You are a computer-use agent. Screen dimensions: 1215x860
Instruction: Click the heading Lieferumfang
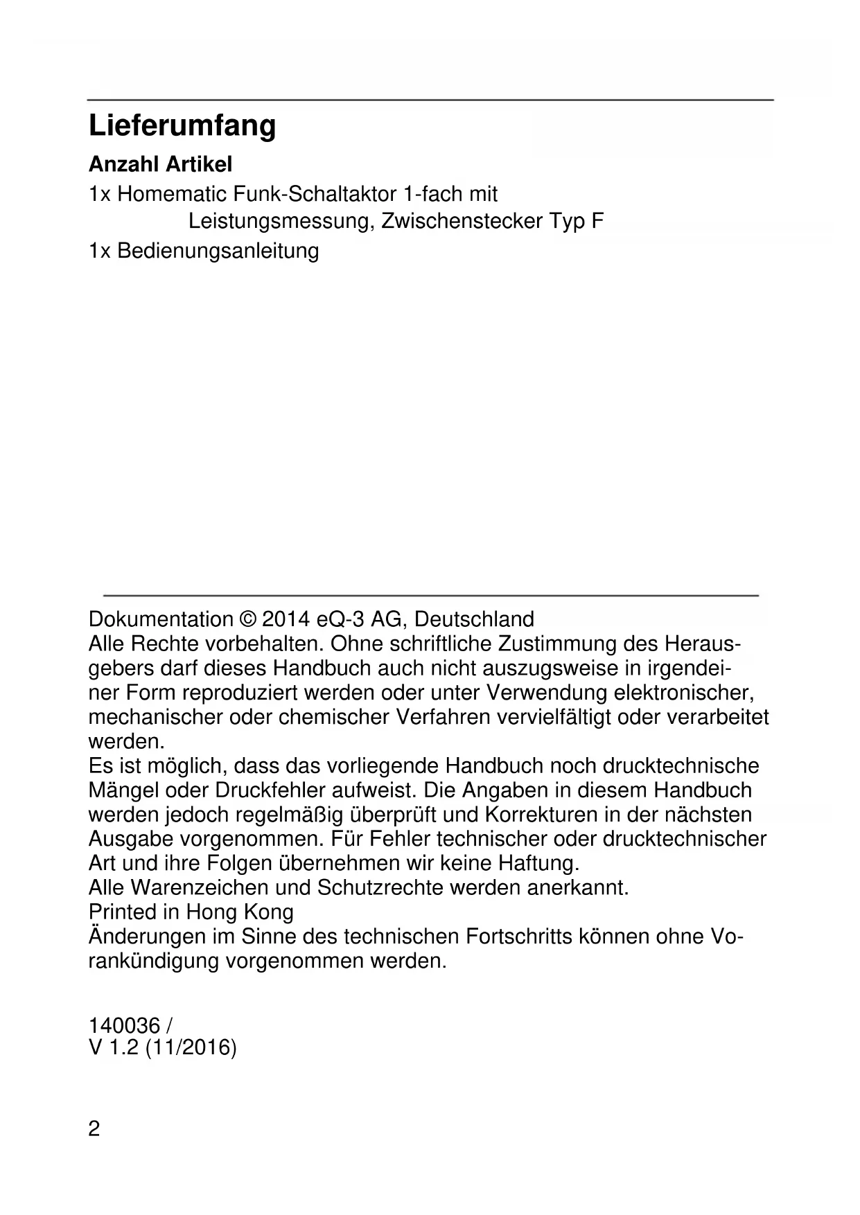[x=182, y=126]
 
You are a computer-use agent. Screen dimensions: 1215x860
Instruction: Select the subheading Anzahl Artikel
[x=160, y=165]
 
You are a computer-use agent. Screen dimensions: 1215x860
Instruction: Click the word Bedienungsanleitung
[x=218, y=251]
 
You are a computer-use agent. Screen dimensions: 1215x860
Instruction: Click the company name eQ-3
[x=340, y=619]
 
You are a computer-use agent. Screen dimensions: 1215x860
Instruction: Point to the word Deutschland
[x=474, y=619]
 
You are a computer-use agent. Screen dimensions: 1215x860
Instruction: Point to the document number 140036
[x=124, y=1025]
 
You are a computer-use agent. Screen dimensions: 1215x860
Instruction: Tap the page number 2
[x=94, y=1130]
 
